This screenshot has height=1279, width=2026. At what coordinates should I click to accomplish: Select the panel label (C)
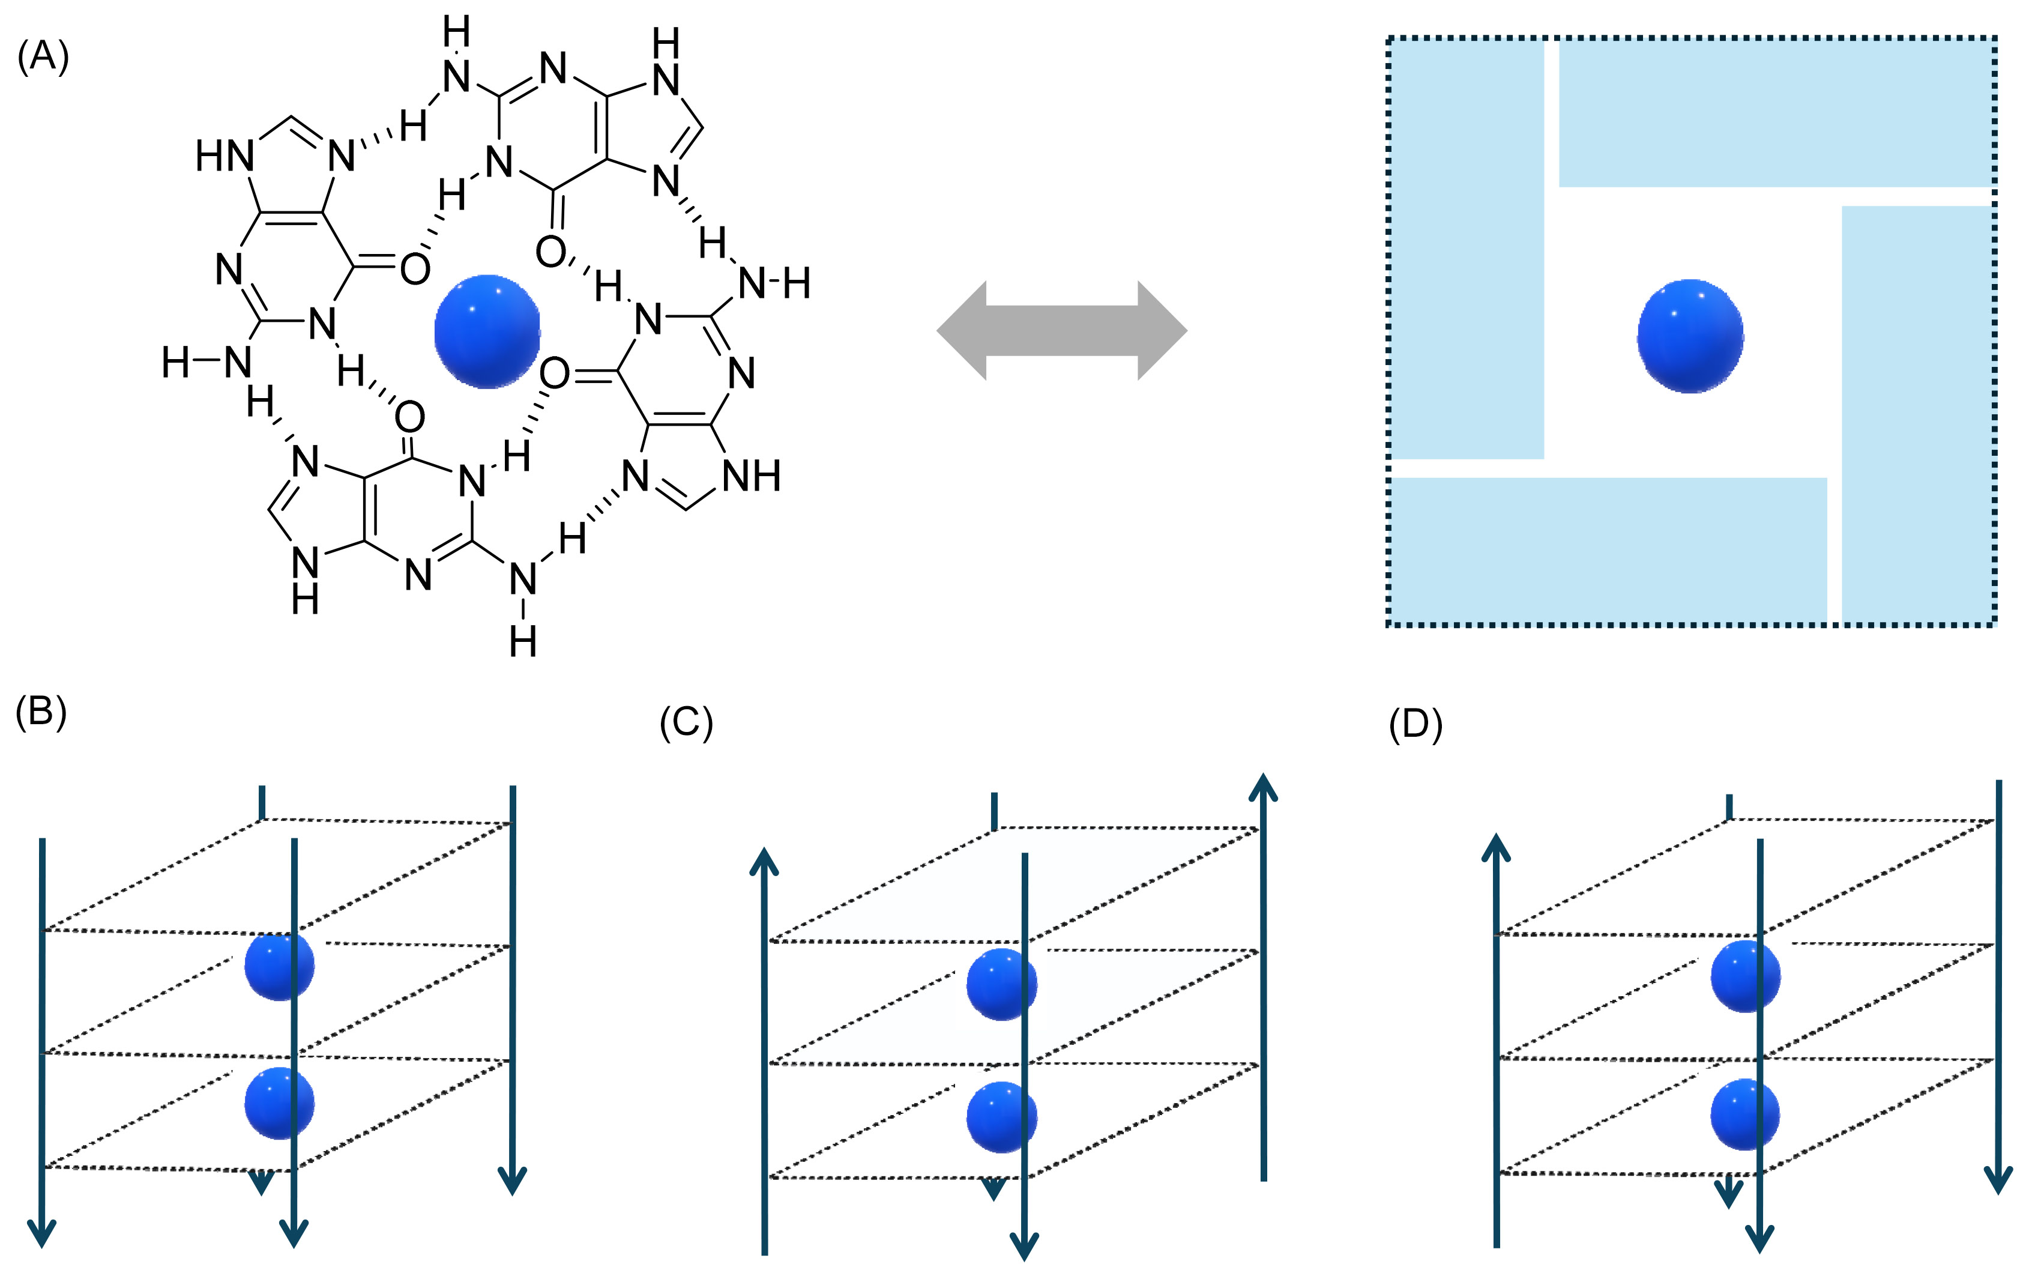[686, 723]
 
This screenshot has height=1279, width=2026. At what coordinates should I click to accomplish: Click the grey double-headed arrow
[1062, 331]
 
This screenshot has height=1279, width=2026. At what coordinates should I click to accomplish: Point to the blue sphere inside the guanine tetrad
[487, 331]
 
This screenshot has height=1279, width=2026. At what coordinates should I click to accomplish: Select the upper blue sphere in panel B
[279, 966]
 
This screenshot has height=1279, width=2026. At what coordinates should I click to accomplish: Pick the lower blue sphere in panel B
[279, 1103]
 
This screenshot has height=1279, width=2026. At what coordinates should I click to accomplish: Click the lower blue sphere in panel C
[1001, 1117]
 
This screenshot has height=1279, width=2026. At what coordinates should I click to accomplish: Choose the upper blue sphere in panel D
[1746, 976]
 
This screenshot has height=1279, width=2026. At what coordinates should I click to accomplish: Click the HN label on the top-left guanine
[225, 157]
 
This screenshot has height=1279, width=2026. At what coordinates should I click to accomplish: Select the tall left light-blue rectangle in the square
[1467, 250]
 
